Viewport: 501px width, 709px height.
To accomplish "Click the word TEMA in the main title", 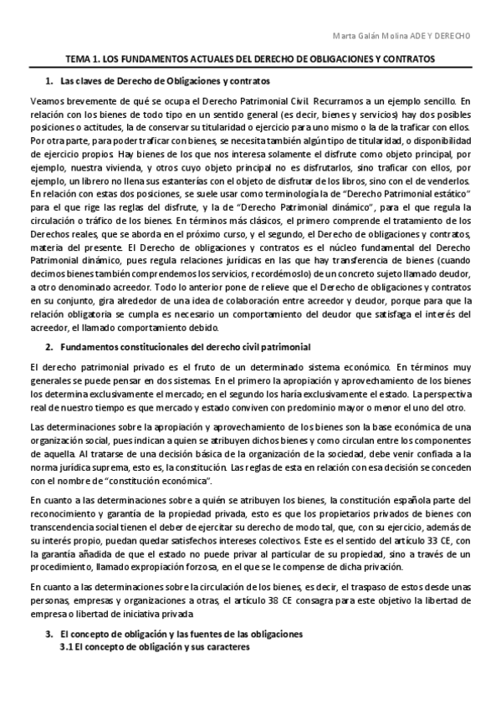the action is click(79, 60).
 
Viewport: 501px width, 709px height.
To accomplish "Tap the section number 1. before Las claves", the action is click(48, 81).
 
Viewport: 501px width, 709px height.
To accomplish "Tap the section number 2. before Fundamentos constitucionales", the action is click(48, 346).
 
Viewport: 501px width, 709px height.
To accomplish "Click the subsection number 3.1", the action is click(67, 648).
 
